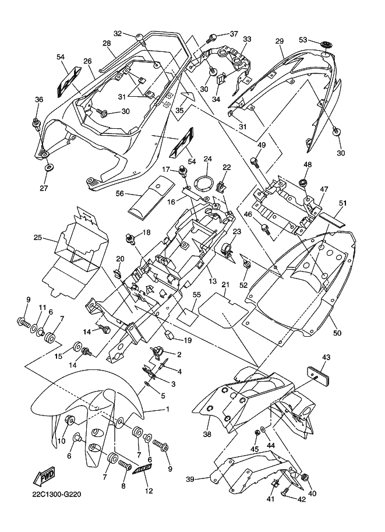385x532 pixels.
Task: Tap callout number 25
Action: coord(38,238)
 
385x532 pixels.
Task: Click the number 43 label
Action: coord(326,357)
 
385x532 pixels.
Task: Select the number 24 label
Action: coord(208,158)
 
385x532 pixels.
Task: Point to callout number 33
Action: coord(247,39)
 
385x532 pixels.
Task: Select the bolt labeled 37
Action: coord(213,38)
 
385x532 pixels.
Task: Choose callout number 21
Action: coord(224,284)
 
